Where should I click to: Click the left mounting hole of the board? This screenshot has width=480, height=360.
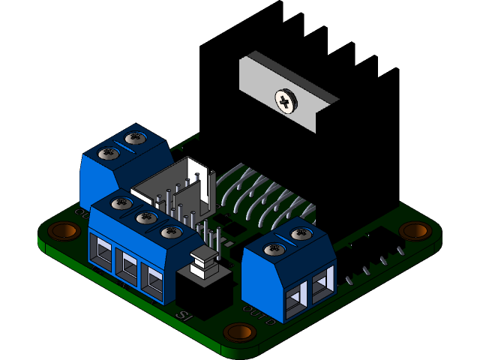click(x=64, y=230)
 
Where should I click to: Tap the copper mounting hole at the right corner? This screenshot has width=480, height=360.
click(x=415, y=230)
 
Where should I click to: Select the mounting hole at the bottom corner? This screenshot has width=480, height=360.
click(x=239, y=332)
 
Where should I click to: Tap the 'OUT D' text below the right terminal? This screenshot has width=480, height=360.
click(x=259, y=308)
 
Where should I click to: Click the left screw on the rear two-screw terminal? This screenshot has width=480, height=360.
click(x=109, y=154)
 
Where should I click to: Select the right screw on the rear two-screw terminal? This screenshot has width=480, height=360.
click(x=136, y=138)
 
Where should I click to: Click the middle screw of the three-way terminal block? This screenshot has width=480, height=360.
click(x=145, y=218)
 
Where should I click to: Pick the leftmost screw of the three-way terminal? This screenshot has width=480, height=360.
click(x=121, y=204)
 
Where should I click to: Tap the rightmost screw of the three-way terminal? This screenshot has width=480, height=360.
click(x=171, y=232)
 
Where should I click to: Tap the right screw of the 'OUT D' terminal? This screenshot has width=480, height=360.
click(x=300, y=235)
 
